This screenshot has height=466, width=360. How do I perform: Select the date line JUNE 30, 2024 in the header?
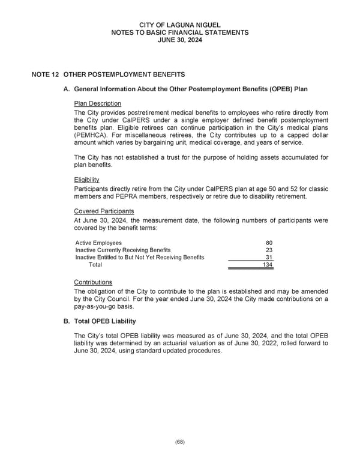click(x=180, y=40)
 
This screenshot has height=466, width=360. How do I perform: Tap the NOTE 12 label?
click(x=46, y=74)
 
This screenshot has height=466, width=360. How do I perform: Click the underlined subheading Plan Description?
click(x=97, y=104)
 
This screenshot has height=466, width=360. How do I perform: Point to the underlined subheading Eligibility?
click(x=86, y=180)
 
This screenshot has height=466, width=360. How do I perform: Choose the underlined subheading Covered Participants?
click(x=104, y=211)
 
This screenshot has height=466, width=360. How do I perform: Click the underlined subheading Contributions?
click(x=92, y=282)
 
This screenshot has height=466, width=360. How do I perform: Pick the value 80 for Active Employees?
click(x=269, y=243)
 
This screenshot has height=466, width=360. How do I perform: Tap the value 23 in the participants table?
click(x=269, y=250)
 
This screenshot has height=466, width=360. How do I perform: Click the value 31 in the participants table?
click(x=269, y=257)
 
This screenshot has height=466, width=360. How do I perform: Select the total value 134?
click(x=267, y=265)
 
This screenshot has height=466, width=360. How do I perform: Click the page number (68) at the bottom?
click(x=180, y=441)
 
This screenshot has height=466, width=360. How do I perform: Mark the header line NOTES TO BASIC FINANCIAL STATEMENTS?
click(x=180, y=32)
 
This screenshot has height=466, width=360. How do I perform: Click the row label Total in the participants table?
click(x=95, y=265)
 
